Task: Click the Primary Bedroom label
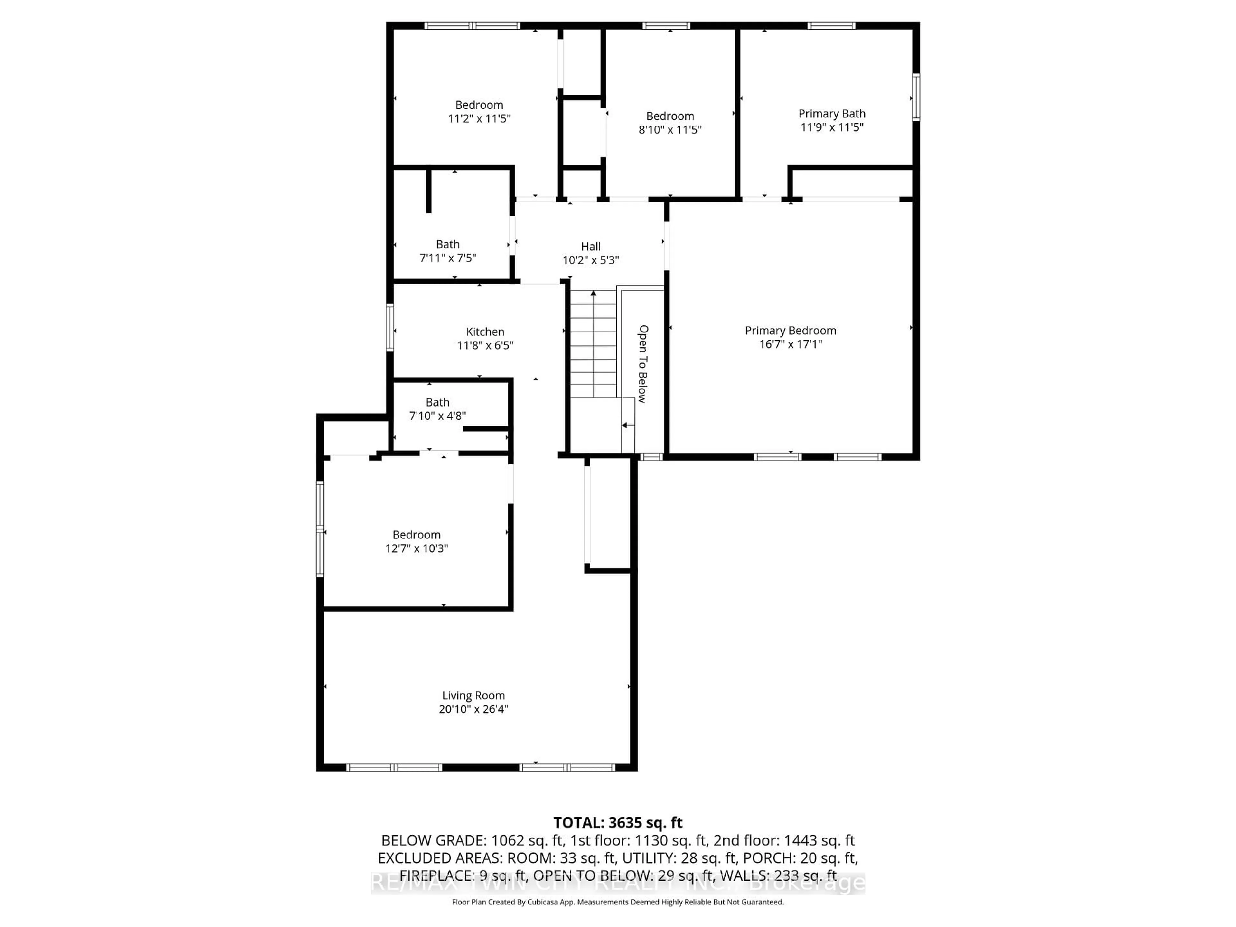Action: click(790, 330)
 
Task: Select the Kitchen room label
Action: click(485, 331)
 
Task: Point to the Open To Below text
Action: click(643, 364)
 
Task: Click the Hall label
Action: click(591, 247)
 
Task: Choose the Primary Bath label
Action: click(831, 113)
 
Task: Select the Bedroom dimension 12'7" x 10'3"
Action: click(416, 548)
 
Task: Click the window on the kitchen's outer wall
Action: click(390, 327)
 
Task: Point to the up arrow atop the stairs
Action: click(594, 293)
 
